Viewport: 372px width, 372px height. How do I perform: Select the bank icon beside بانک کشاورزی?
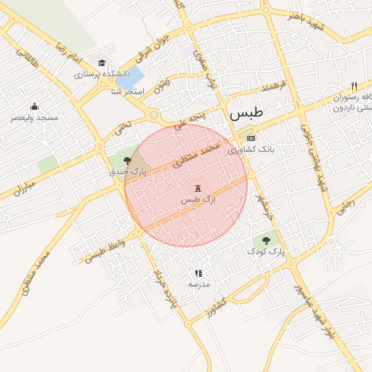251,138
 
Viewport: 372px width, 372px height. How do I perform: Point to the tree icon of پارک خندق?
128,160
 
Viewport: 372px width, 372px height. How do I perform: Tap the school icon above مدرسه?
198,274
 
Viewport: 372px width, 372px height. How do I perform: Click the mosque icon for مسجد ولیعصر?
34,107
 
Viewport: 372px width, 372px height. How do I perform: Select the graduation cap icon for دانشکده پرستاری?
102,63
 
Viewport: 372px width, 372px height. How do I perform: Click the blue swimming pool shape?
130,78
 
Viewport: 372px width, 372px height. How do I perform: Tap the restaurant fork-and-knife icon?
354,84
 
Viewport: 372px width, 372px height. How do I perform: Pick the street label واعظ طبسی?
105,250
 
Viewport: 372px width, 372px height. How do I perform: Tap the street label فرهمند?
258,91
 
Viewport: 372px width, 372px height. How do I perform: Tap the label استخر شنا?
129,92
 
